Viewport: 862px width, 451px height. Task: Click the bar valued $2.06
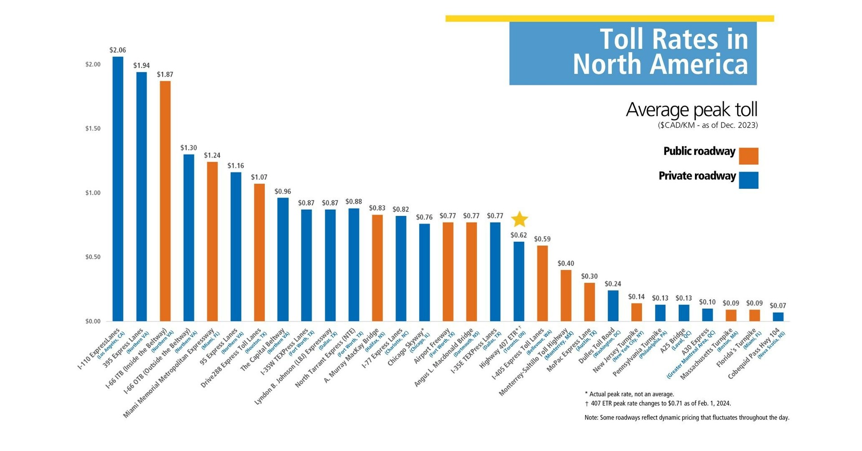118,188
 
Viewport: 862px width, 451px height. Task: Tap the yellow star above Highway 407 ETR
519,219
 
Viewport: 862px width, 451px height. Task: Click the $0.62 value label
519,235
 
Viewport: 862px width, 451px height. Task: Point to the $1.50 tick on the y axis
93,129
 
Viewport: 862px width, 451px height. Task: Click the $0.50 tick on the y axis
93,257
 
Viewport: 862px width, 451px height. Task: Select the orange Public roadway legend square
748,156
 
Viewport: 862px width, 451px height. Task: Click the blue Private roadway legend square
748,180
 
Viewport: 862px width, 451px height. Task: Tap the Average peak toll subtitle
691,109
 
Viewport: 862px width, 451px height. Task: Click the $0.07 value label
778,306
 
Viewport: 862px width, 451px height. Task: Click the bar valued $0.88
354,265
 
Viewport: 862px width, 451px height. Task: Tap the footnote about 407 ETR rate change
660,403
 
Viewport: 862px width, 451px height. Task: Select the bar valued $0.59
542,283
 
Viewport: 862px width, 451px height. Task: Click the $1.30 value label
189,148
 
